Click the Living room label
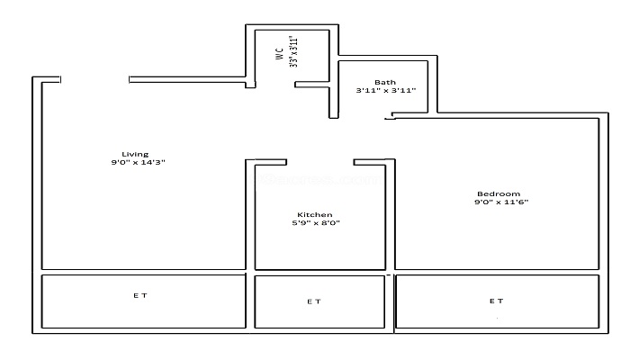(x=135, y=153)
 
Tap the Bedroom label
(x=499, y=193)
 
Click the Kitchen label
(x=315, y=214)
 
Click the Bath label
(x=385, y=82)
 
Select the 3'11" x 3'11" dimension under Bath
(x=385, y=91)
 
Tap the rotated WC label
(x=280, y=53)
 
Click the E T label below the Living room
(x=140, y=295)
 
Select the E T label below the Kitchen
(x=313, y=301)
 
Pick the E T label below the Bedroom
(x=496, y=301)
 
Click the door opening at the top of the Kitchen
(x=320, y=163)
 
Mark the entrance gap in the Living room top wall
(x=95, y=80)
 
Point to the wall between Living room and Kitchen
(x=250, y=216)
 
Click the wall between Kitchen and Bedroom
(x=391, y=216)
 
